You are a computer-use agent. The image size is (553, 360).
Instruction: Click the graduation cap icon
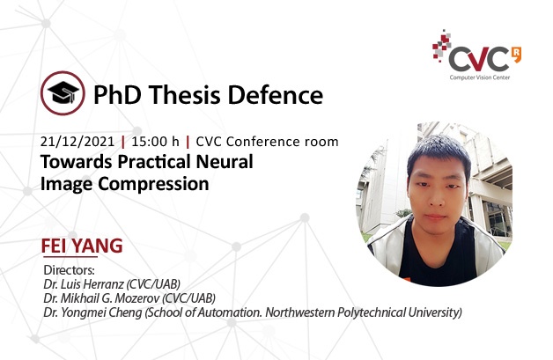[x=63, y=92]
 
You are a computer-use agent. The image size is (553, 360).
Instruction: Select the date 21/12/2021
[x=77, y=142]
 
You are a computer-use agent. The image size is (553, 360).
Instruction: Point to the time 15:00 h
[x=155, y=142]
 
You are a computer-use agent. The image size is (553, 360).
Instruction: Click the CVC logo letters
[x=478, y=59]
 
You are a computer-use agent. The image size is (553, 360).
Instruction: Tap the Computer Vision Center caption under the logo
[x=480, y=77]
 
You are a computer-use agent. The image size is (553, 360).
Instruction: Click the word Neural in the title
[x=225, y=162]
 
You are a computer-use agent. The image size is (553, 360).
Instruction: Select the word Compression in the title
[x=153, y=184]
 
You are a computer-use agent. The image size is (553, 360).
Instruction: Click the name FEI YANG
[x=82, y=246]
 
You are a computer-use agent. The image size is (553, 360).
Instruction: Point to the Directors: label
[x=69, y=270]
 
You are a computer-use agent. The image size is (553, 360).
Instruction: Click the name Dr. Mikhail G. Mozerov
[x=101, y=298]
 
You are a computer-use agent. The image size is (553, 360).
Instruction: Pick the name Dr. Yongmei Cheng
[x=92, y=312]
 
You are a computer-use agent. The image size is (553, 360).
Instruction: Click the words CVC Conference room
[x=267, y=142]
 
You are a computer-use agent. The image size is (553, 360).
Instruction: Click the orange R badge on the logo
[x=516, y=55]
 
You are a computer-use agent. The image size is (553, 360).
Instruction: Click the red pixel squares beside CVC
[x=441, y=46]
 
